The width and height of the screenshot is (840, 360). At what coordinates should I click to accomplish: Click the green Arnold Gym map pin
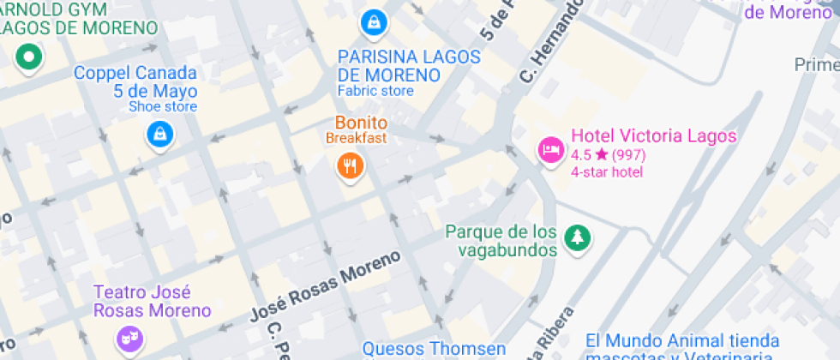click(x=28, y=57)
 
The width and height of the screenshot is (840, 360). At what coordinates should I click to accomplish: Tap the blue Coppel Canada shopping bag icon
click(x=160, y=133)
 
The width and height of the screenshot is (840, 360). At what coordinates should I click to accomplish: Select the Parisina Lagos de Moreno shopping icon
click(x=373, y=21)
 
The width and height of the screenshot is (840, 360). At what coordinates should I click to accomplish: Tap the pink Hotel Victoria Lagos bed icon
click(x=549, y=150)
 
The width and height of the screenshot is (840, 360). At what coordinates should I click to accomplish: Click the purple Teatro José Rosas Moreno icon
click(x=129, y=335)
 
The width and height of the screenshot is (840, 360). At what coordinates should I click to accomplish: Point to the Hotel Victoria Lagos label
click(x=653, y=136)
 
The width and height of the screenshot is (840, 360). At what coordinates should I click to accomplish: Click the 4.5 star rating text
click(x=608, y=155)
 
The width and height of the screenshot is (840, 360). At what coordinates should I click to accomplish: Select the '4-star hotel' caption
click(x=607, y=172)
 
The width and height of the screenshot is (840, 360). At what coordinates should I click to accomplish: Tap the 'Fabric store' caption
click(x=375, y=91)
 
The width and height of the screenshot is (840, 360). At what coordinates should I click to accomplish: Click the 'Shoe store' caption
click(x=163, y=106)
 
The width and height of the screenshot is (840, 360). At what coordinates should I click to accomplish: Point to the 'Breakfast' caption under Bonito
click(x=357, y=138)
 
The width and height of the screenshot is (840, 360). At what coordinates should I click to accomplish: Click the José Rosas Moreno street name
click(x=325, y=286)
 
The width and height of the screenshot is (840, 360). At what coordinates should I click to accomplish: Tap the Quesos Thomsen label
click(x=434, y=348)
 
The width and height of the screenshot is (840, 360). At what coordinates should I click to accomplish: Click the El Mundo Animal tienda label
click(x=682, y=341)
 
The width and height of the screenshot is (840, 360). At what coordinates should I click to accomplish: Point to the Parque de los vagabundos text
click(x=501, y=241)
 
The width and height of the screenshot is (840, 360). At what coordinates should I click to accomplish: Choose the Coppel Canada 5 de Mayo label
click(x=135, y=82)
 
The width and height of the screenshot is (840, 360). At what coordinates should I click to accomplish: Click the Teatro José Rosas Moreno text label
click(x=152, y=301)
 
